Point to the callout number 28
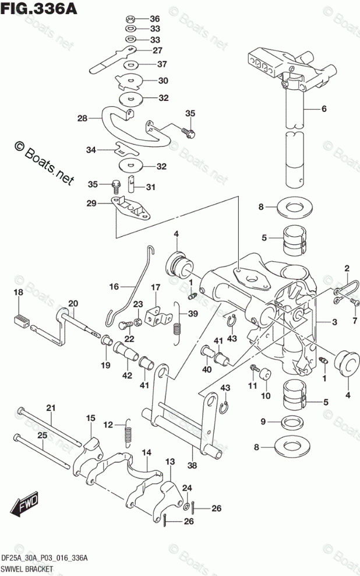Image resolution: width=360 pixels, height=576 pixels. [82, 118]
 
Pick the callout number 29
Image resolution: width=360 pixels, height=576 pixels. [91, 203]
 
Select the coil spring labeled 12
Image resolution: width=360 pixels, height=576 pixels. [130, 434]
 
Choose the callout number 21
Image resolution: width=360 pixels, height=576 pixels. [50, 408]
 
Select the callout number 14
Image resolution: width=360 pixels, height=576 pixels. [146, 452]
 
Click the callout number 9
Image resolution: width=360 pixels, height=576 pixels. [263, 421]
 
